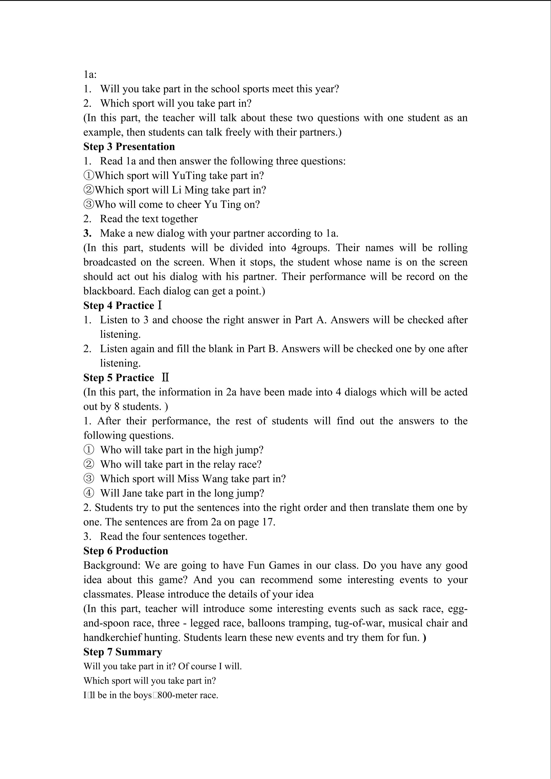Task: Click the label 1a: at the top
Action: (90, 74)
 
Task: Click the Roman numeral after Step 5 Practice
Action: (165, 378)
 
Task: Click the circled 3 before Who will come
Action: (89, 204)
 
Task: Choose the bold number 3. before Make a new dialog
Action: (87, 233)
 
